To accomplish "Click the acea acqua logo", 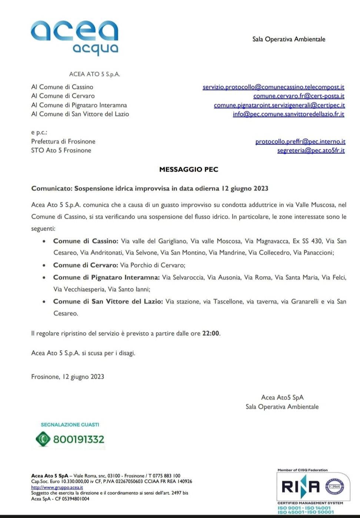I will point(75,36).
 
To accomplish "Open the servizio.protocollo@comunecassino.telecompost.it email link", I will point(273,87).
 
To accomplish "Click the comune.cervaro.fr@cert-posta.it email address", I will point(299,96).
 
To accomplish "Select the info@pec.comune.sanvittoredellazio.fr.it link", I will point(289,114).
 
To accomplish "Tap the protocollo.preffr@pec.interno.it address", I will point(300,142).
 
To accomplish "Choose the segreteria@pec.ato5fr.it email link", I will point(311,150).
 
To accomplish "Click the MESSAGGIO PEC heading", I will point(189,169).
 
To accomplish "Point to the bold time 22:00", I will point(210,333).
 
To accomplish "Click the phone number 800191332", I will point(79,439).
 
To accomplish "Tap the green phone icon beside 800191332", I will point(43,439).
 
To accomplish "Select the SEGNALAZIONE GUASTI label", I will point(70,425).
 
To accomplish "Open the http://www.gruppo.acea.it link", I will point(57,487).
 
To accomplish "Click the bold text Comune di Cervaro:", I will point(86,265).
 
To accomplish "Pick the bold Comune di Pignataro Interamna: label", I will point(106,277).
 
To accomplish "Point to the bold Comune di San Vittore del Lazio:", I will point(108,301).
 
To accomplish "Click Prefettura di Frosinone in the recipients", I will point(63,142).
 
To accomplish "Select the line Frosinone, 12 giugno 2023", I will point(67,377).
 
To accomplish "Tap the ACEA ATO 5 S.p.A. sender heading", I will point(94,74).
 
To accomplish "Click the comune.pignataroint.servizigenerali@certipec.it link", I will point(279,105).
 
